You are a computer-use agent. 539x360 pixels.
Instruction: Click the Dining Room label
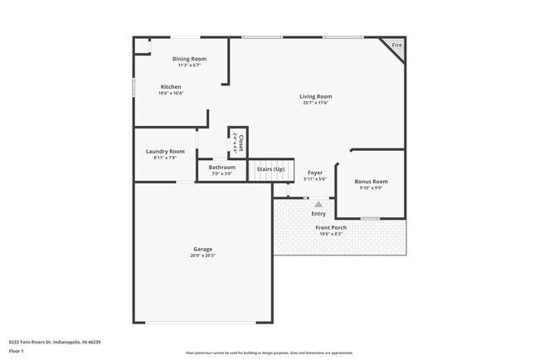click(189, 59)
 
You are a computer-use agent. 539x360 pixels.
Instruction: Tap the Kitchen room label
click(171, 86)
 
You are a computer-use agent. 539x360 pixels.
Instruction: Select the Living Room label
click(315, 96)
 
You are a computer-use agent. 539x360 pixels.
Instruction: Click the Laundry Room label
click(165, 151)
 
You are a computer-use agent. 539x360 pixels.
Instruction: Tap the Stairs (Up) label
click(270, 168)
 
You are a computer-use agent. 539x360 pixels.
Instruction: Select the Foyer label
click(315, 173)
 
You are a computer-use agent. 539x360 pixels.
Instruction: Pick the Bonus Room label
click(371, 181)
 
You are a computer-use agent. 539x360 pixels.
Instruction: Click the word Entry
click(318, 213)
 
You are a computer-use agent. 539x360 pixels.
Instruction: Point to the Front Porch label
click(331, 227)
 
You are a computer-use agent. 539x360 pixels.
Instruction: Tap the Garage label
click(203, 249)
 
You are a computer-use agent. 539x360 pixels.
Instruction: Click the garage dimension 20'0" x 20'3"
click(203, 255)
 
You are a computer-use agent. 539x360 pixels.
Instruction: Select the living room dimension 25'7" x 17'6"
click(315, 103)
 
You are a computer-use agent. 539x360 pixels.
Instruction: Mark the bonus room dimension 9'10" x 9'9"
click(371, 187)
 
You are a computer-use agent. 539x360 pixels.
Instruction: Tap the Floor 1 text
click(17, 351)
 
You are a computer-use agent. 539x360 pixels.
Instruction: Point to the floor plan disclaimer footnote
click(269, 353)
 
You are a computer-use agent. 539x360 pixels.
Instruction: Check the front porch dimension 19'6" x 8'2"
click(331, 234)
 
